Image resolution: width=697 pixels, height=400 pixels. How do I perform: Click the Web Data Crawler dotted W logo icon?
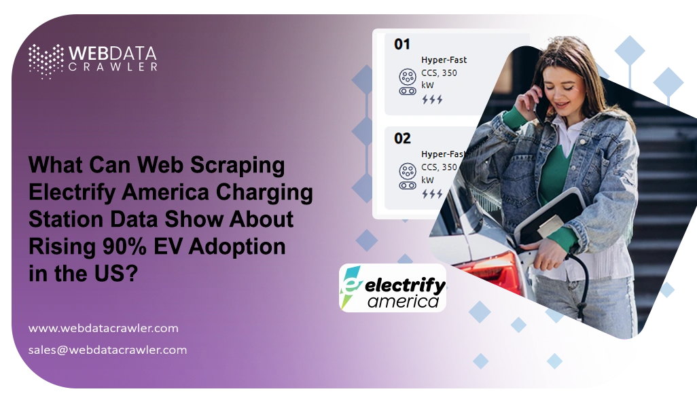coord(45,61)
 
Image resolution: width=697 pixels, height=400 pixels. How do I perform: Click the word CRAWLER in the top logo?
coord(113,67)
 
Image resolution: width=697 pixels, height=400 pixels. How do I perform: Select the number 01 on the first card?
coord(402,45)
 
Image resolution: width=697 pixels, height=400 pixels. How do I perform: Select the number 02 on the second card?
coord(402,139)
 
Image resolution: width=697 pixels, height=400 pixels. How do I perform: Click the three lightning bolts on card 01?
coord(431,100)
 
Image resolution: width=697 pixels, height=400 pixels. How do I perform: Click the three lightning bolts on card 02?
coord(431,194)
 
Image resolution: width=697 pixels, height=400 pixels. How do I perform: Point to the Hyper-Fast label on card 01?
coord(444,60)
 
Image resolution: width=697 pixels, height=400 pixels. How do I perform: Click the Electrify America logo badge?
coord(393,288)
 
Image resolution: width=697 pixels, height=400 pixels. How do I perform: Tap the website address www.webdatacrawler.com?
coord(103,328)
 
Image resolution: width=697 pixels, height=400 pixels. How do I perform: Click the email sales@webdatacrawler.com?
coord(107,350)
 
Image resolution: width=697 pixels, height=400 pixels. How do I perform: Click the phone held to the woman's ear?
coord(540,102)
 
